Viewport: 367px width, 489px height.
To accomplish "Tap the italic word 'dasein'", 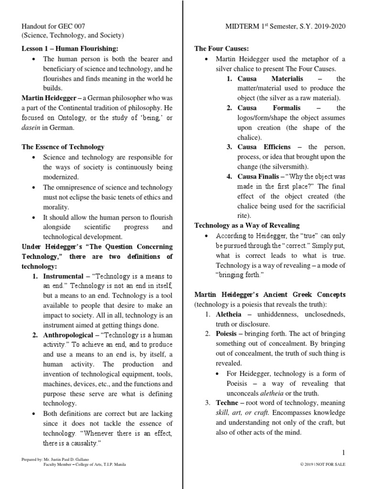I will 32,128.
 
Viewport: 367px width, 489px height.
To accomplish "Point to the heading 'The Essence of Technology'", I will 63,147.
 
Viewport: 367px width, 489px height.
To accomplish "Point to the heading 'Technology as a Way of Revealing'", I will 247,225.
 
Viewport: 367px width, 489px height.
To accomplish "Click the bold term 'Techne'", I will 226,403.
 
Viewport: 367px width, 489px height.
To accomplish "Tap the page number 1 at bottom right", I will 343,453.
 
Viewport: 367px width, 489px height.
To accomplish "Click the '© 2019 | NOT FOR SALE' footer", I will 323,465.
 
